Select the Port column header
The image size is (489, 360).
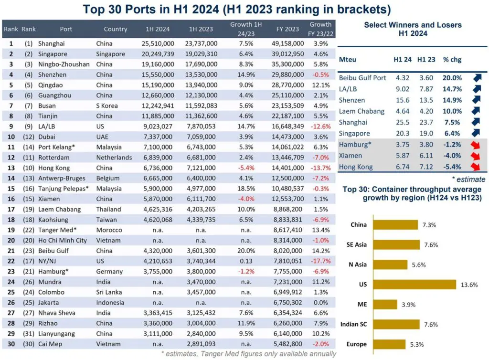click(66, 29)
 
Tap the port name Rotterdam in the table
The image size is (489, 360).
click(53, 158)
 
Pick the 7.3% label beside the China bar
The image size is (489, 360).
click(426, 225)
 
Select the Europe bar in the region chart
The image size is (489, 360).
click(389, 344)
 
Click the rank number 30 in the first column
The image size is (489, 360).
click(11, 344)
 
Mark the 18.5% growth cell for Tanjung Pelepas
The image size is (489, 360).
click(241, 189)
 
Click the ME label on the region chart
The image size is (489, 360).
click(362, 304)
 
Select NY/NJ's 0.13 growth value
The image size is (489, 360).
click(241, 261)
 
